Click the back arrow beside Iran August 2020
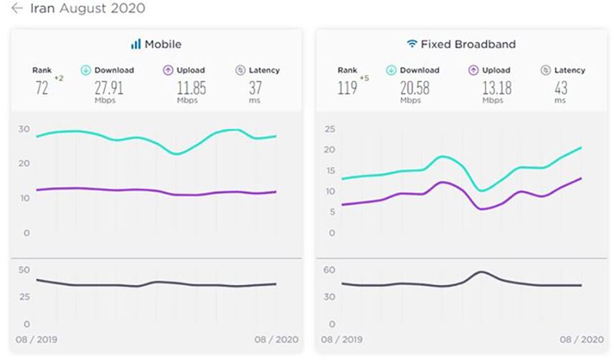point(17,9)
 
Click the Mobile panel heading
point(163,44)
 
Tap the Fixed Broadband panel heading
point(468,44)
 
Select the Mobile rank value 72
point(42,88)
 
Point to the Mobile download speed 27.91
point(109,88)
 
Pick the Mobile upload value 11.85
point(191,88)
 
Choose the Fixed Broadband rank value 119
point(348,88)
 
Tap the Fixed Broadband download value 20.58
point(415,88)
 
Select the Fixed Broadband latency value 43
point(560,88)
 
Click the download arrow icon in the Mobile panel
point(85,70)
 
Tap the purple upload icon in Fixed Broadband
point(473,70)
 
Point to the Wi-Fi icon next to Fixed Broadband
point(412,44)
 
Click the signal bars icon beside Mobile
point(135,44)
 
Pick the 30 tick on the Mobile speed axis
point(24,130)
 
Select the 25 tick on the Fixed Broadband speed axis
point(329,130)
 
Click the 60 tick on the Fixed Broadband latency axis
point(329,270)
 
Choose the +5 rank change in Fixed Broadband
point(365,78)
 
